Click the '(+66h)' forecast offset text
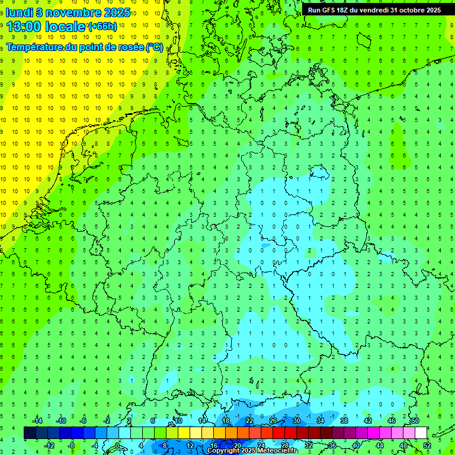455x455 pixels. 102,27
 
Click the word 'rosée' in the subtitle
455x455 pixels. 130,47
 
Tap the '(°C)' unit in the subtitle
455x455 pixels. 155,47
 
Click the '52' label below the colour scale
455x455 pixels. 427,445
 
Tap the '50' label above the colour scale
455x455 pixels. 415,421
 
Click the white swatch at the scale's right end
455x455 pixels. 421,433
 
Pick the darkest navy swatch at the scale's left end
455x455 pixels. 30,433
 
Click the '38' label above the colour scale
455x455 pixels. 344,421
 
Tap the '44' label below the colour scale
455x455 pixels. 380,445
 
